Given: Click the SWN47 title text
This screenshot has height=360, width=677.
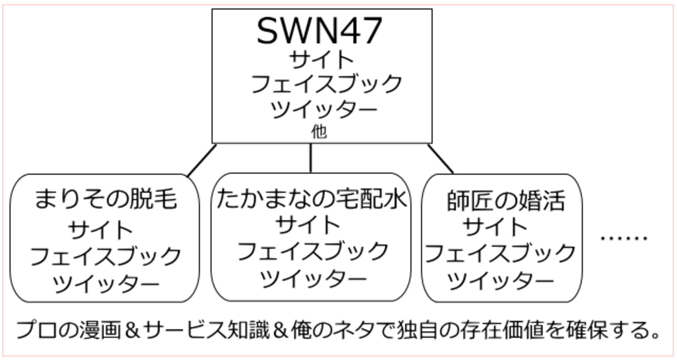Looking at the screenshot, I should [320, 30].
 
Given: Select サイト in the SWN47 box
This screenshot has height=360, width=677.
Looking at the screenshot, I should [322, 59].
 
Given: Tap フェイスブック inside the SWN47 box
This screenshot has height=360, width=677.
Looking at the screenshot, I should [327, 84].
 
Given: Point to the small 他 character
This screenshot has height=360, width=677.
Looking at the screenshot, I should [319, 132].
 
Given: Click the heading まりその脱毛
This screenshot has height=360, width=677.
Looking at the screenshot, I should [106, 199].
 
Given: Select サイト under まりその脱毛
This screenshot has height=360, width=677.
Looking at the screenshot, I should [101, 229].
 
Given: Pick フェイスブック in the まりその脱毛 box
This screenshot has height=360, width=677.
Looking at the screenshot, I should [105, 256].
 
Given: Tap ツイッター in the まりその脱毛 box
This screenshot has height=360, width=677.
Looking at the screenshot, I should [106, 283].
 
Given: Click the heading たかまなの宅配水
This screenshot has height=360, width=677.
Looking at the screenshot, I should [311, 199].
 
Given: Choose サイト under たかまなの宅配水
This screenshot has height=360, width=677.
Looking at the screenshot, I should [308, 226].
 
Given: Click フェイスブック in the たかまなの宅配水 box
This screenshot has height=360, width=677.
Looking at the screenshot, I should [313, 252].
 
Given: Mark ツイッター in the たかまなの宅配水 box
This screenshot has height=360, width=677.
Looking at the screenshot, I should [313, 279].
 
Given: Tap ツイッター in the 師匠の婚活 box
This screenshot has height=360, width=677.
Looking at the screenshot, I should [500, 281].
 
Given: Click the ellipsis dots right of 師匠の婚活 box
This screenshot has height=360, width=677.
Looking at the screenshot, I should [623, 238].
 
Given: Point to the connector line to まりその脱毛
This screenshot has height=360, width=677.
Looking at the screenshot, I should [202, 160].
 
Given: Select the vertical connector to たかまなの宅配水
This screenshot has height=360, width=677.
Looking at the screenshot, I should [311, 158].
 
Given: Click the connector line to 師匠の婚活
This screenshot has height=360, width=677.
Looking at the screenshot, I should [440, 158].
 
